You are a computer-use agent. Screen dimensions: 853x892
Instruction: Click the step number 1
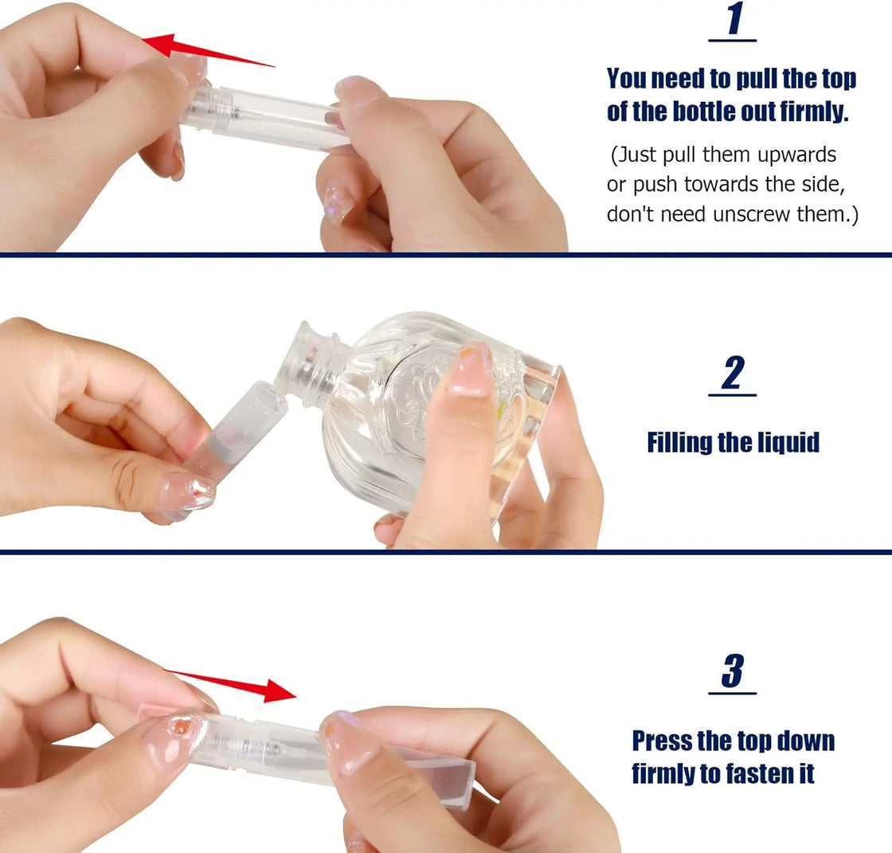tap(733, 21)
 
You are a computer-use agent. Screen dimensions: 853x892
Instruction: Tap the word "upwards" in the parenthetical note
tap(792, 154)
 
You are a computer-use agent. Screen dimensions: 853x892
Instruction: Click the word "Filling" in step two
tap(679, 442)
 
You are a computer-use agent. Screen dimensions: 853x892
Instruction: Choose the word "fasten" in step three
tap(757, 773)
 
